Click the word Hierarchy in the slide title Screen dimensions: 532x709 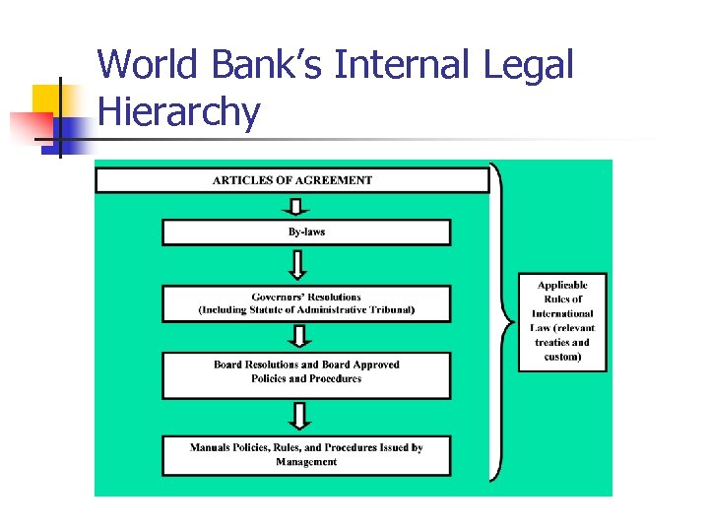point(178,112)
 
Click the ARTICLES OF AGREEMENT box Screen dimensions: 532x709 point(291,180)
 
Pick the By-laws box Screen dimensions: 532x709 point(306,233)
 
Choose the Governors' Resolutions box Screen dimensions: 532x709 point(306,303)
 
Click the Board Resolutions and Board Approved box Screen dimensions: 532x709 point(306,372)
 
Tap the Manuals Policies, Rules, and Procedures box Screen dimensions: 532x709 point(306,455)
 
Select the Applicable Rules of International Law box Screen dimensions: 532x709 point(562,321)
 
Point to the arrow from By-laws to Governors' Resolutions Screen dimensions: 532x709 point(297,264)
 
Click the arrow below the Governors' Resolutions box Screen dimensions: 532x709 point(298,336)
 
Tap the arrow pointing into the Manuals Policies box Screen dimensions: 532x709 point(298,417)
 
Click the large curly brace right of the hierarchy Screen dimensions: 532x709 point(502,321)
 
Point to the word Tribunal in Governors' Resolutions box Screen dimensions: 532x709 point(390,310)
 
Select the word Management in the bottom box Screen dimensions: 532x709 point(306,462)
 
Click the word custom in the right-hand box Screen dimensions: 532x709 point(562,357)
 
